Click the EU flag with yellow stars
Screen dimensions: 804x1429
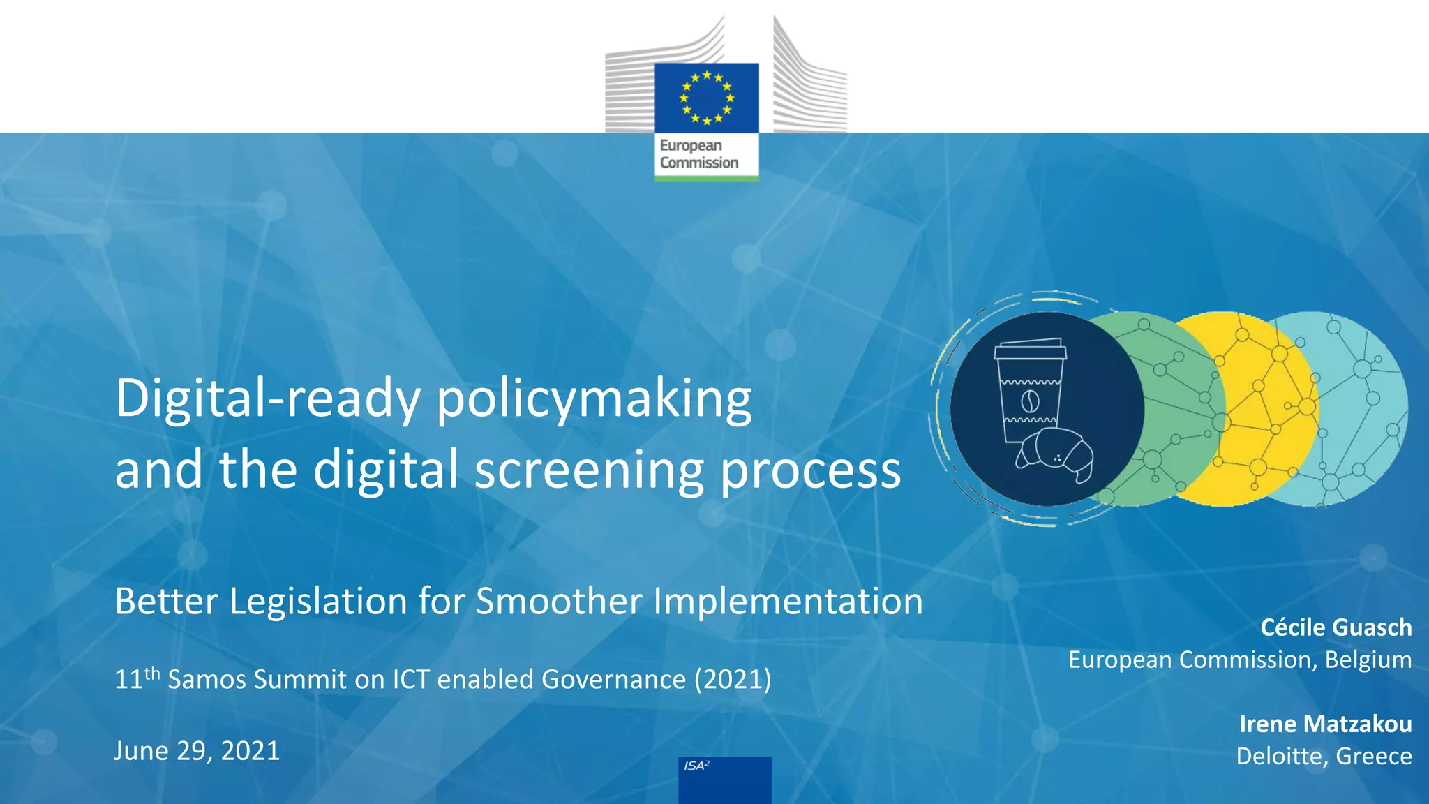pyautogui.click(x=706, y=98)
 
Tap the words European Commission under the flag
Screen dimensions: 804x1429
pyautogui.click(x=698, y=154)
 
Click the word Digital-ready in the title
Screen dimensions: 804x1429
pyautogui.click(x=268, y=399)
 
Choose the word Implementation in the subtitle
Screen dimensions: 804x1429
pyautogui.click(x=788, y=601)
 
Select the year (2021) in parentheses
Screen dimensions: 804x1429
pyautogui.click(x=733, y=679)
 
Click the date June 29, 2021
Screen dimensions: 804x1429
pyautogui.click(x=197, y=751)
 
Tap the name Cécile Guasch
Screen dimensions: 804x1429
pyautogui.click(x=1336, y=627)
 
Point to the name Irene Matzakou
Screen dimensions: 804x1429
pyautogui.click(x=1325, y=724)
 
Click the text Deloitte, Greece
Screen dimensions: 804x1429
pyautogui.click(x=1324, y=756)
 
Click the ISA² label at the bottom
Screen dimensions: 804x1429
pyautogui.click(x=696, y=766)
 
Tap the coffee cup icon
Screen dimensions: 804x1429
pyautogui.click(x=1029, y=391)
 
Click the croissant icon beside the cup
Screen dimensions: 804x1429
pyautogui.click(x=1055, y=454)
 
